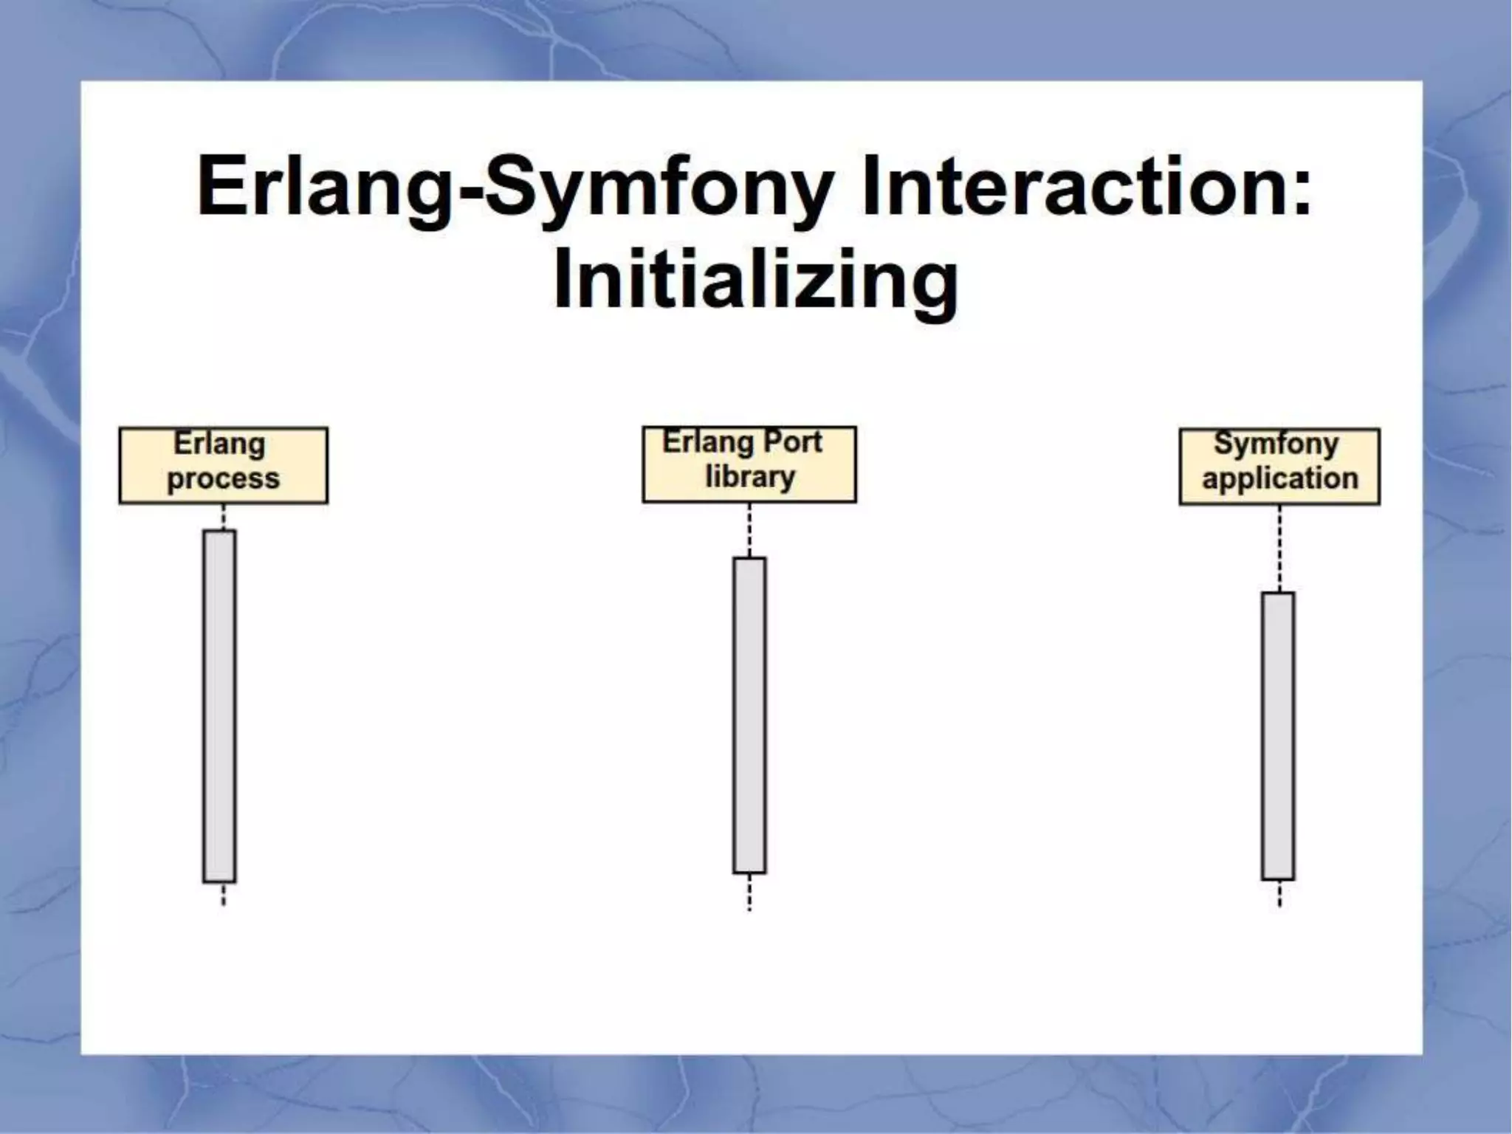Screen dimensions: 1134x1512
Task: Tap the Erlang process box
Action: click(223, 465)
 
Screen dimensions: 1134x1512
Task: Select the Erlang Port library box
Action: click(749, 464)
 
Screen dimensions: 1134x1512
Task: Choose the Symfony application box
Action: click(1279, 466)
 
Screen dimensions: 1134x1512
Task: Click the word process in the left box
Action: click(223, 479)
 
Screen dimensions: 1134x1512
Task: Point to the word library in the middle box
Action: click(749, 477)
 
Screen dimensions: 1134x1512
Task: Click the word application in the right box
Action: click(1279, 478)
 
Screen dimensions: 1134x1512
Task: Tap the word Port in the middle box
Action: click(791, 442)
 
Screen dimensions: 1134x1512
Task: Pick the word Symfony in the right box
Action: click(1276, 444)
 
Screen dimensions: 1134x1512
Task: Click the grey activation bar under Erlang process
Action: click(219, 705)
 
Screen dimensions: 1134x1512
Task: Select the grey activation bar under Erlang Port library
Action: click(749, 715)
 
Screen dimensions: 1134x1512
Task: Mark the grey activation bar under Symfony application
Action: click(1278, 735)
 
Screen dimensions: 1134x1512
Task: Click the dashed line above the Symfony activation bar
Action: click(1279, 548)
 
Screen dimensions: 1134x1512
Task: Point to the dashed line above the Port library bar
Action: click(749, 529)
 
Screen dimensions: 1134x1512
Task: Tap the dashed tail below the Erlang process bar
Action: click(223, 894)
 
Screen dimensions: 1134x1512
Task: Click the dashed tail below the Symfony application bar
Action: click(1279, 893)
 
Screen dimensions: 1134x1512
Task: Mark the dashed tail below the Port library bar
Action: click(749, 892)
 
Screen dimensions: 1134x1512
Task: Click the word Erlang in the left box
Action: click(219, 444)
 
